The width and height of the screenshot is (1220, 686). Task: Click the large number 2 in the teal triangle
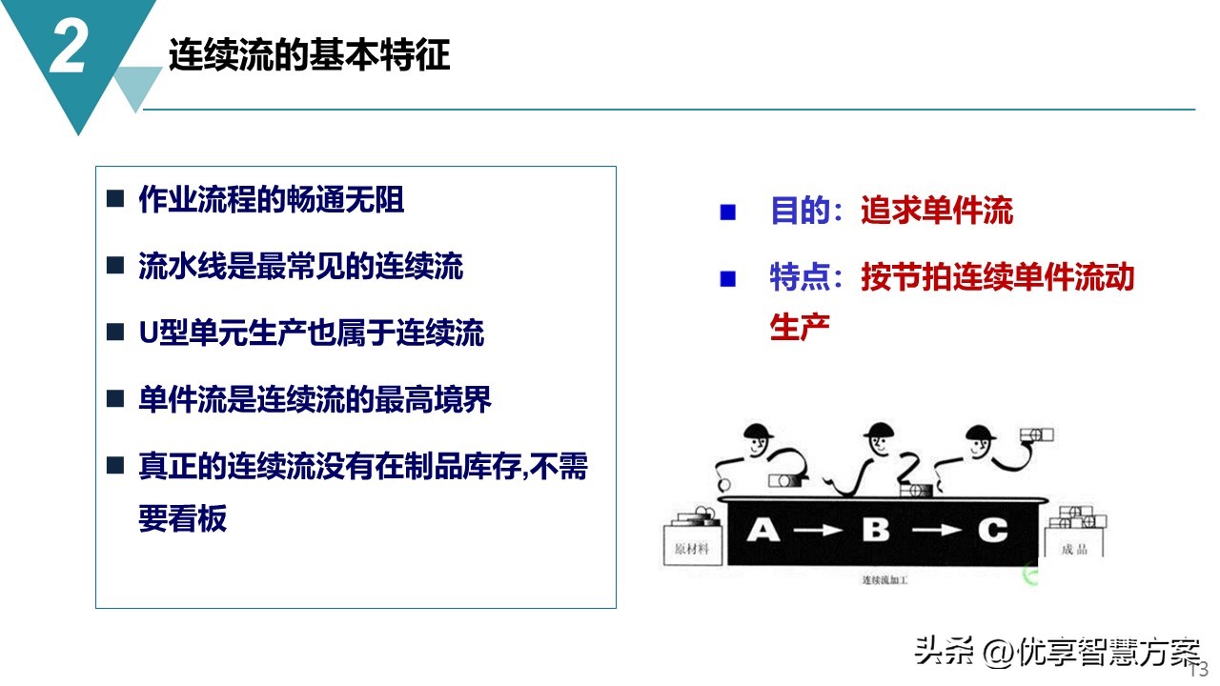coord(67,48)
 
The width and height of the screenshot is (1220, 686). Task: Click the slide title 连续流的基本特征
coord(310,55)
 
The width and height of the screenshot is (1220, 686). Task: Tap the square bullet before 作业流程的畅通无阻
coord(115,199)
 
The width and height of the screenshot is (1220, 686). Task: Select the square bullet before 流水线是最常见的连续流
coord(115,265)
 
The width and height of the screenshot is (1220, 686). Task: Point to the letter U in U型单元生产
coord(148,333)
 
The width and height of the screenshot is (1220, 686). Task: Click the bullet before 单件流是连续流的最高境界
coord(115,398)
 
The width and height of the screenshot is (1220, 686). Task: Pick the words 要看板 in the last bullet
coord(182,517)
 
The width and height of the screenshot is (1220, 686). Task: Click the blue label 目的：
coord(806,211)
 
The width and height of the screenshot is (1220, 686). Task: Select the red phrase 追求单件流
coord(937,211)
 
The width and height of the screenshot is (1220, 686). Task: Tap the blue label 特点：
coord(806,276)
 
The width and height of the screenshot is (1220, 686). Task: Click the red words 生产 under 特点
coord(800,327)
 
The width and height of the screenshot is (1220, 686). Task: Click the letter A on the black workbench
coord(763,530)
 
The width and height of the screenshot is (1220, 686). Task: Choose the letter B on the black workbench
coord(876,530)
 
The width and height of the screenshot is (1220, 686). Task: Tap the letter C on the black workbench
coord(993,530)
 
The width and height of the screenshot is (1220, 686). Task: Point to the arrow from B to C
coord(937,530)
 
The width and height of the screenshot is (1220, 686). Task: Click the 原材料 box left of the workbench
coord(693,546)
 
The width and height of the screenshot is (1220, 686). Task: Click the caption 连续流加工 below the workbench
coord(885,580)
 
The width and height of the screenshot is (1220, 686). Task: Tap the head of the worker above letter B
coord(879,440)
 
